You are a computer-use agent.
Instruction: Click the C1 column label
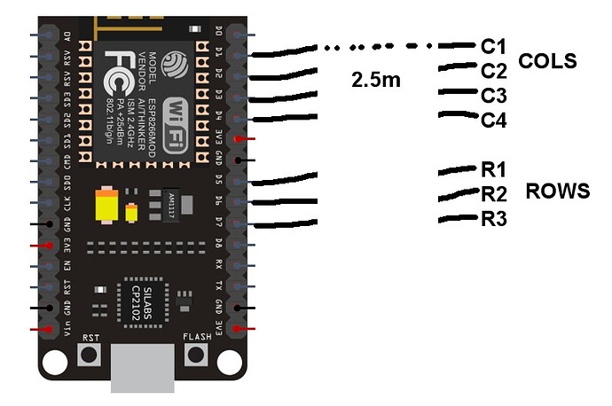coord(493,45)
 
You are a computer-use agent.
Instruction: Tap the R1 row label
coord(493,170)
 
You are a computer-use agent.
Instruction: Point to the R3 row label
coord(493,220)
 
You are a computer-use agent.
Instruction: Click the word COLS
coord(547,62)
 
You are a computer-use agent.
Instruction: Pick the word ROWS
coord(557,191)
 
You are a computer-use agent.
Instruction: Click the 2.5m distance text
coord(377,81)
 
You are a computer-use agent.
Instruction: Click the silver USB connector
coord(143,367)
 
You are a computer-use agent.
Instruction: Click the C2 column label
coord(493,69)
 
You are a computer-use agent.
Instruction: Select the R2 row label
coord(493,195)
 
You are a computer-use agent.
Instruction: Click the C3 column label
coord(493,95)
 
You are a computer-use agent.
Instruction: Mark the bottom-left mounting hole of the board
coord(55,362)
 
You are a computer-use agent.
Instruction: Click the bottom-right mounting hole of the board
coord(231,362)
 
